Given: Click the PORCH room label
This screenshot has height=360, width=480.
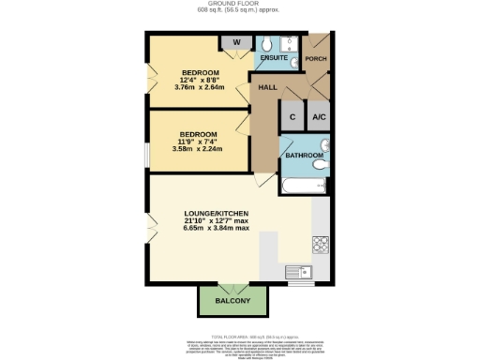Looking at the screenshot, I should click(x=316, y=59).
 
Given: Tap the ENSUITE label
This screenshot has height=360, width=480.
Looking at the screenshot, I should click(x=274, y=58).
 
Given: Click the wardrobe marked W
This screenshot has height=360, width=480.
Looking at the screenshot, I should click(x=236, y=41).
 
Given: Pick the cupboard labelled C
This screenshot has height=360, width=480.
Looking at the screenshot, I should click(x=292, y=116).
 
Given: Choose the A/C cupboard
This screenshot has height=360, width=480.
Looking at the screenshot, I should click(x=319, y=116).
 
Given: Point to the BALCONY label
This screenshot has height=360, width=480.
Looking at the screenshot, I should click(x=232, y=300).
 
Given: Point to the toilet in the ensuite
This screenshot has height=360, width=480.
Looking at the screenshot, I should click(x=265, y=43).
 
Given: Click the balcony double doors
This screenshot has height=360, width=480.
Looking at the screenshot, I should click(x=232, y=282).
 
